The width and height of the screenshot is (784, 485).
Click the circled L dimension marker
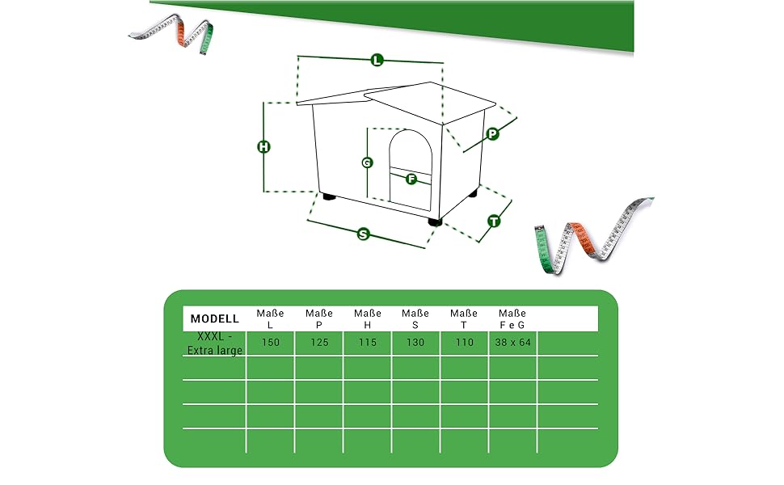pyautogui.click(x=377, y=61)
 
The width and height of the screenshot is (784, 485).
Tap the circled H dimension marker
pyautogui.click(x=263, y=146)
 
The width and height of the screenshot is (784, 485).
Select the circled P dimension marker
pyautogui.click(x=492, y=133)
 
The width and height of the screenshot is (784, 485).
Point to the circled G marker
pyautogui.click(x=367, y=162)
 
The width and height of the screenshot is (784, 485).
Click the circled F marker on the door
pyautogui.click(x=411, y=179)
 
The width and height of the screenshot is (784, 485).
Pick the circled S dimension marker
pyautogui.click(x=364, y=234)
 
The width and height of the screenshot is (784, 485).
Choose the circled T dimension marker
pyautogui.click(x=494, y=221)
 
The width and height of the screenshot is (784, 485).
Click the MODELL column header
pyautogui.click(x=214, y=318)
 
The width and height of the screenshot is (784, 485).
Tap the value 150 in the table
pyautogui.click(x=271, y=343)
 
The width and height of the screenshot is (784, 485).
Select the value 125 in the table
pyautogui.click(x=319, y=343)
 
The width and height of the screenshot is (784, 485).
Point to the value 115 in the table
pyautogui.click(x=368, y=343)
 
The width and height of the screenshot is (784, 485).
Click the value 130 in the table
pyautogui.click(x=415, y=343)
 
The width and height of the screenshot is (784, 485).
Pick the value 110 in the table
pyautogui.click(x=465, y=343)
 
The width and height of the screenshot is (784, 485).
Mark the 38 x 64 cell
pyautogui.click(x=512, y=343)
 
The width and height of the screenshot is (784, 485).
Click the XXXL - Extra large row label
pyautogui.click(x=214, y=343)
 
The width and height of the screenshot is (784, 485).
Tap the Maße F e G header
pyautogui.click(x=512, y=319)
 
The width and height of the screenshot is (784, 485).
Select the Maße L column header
pyautogui.click(x=270, y=319)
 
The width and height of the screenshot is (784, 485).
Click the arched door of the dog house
pyautogui.click(x=411, y=170)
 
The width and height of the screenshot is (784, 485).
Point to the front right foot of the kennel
pyautogui.click(x=435, y=221)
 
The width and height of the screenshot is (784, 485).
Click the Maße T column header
pyautogui.click(x=463, y=319)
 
